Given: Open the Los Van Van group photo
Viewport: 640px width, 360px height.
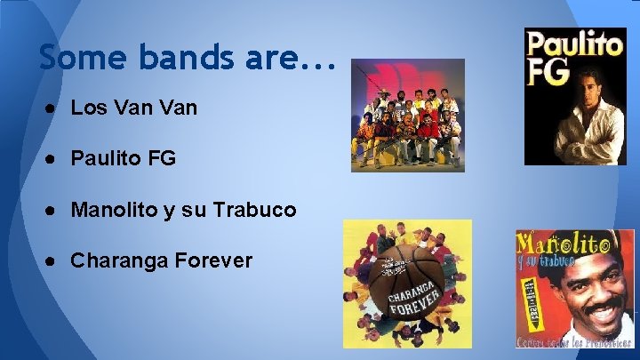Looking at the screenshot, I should (x=407, y=115).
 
